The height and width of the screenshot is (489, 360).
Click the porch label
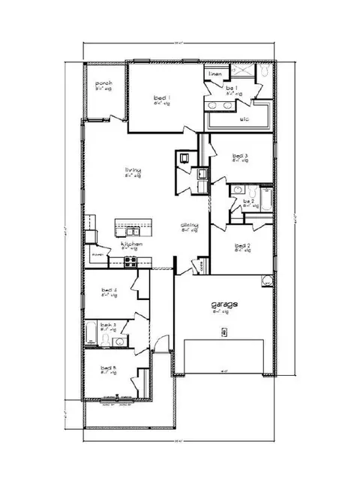coord(103,83)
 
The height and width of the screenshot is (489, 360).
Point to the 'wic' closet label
coord(244,118)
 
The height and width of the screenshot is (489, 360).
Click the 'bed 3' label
coord(240,155)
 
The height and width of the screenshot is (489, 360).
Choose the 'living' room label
coord(133,170)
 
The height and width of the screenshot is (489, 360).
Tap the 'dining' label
coord(188,225)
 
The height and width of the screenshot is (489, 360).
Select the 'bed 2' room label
coord(241,245)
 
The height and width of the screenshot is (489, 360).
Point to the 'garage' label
coord(224,304)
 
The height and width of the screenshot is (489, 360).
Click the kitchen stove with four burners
coord(130,261)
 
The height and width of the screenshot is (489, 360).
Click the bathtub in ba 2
coord(265,200)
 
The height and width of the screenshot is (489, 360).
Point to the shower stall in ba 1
coord(242,73)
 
